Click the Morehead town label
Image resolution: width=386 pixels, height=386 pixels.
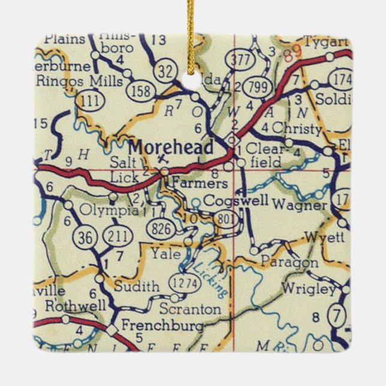tap(171, 147)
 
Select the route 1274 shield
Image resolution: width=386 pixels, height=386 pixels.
tap(179, 282)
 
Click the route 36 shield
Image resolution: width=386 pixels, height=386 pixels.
tap(84, 237)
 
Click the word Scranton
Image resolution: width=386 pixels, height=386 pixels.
tap(191, 309)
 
